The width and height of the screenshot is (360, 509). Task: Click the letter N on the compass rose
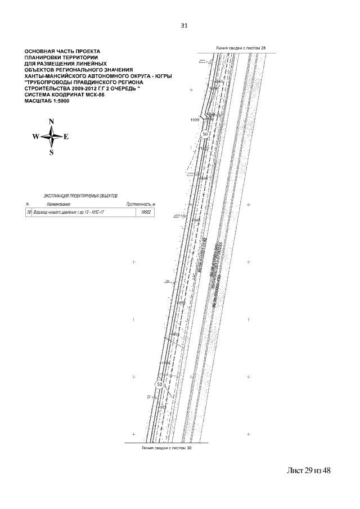click(x=51, y=121)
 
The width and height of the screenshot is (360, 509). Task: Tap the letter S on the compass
click(x=51, y=152)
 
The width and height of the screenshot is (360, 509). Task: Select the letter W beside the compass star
click(x=35, y=137)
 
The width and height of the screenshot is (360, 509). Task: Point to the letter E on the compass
click(x=66, y=137)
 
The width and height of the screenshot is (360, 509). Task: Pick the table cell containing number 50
click(x=29, y=213)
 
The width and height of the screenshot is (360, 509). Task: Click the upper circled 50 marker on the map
click(x=205, y=134)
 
